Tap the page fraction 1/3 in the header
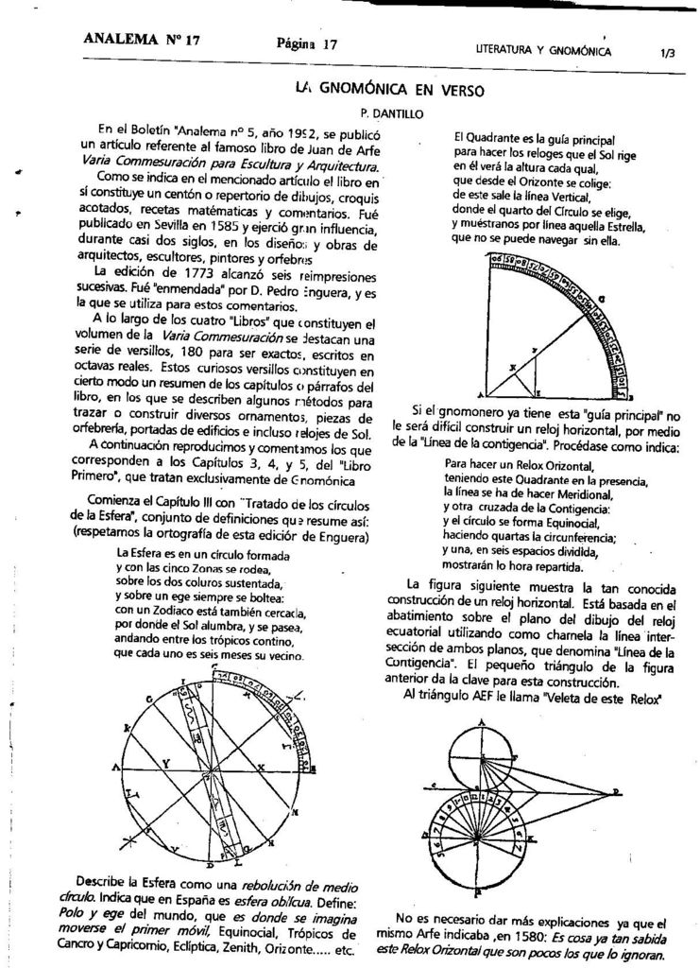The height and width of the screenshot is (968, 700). click(668, 53)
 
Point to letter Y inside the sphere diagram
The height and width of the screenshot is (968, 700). click(166, 760)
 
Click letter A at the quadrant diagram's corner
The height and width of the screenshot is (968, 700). click(480, 394)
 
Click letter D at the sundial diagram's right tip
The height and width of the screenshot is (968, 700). click(642, 790)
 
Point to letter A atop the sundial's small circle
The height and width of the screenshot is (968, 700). click(483, 721)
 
